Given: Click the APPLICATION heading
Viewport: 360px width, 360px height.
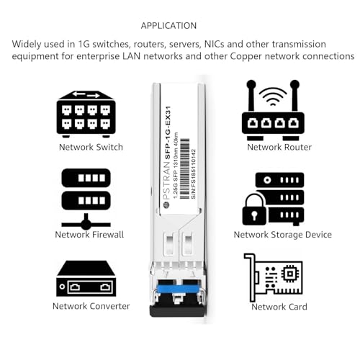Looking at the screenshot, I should [168, 25].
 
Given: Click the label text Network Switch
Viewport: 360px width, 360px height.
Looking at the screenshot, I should [90, 147].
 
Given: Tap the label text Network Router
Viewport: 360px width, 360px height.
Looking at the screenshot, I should [279, 147].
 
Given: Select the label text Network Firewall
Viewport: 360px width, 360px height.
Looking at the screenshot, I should [89, 234].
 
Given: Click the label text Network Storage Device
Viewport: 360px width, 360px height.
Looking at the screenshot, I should [282, 234].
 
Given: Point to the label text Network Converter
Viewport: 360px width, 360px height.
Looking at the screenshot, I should [91, 306].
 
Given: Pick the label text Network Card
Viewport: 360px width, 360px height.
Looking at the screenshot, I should [279, 307].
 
